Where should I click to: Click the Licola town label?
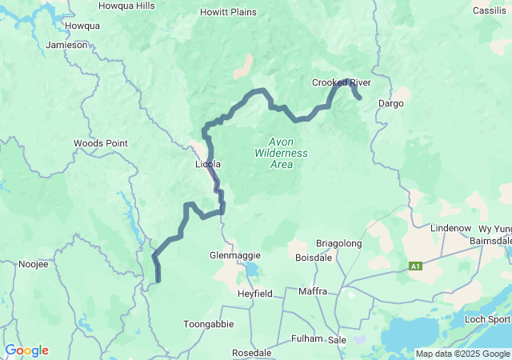(208, 164)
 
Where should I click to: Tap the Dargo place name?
(390, 103)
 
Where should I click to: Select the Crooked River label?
(342, 82)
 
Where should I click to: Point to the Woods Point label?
(100, 143)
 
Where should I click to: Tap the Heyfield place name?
(255, 294)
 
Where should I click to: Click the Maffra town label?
(312, 291)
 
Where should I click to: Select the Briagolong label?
(339, 243)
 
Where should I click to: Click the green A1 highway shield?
(415, 266)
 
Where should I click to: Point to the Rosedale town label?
(251, 352)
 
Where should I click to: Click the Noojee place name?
(34, 263)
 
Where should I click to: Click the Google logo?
(26, 350)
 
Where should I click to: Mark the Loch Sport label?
(489, 319)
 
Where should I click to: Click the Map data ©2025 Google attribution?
(462, 354)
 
